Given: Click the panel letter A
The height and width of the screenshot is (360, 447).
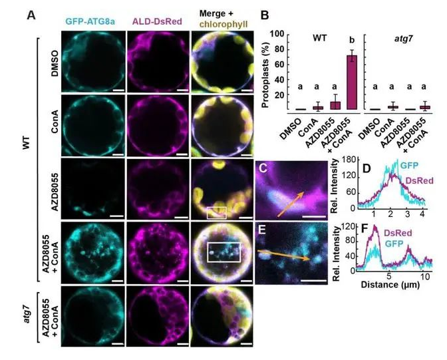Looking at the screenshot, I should click(x=31, y=14).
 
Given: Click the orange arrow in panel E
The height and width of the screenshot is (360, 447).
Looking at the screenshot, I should click(x=283, y=257).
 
